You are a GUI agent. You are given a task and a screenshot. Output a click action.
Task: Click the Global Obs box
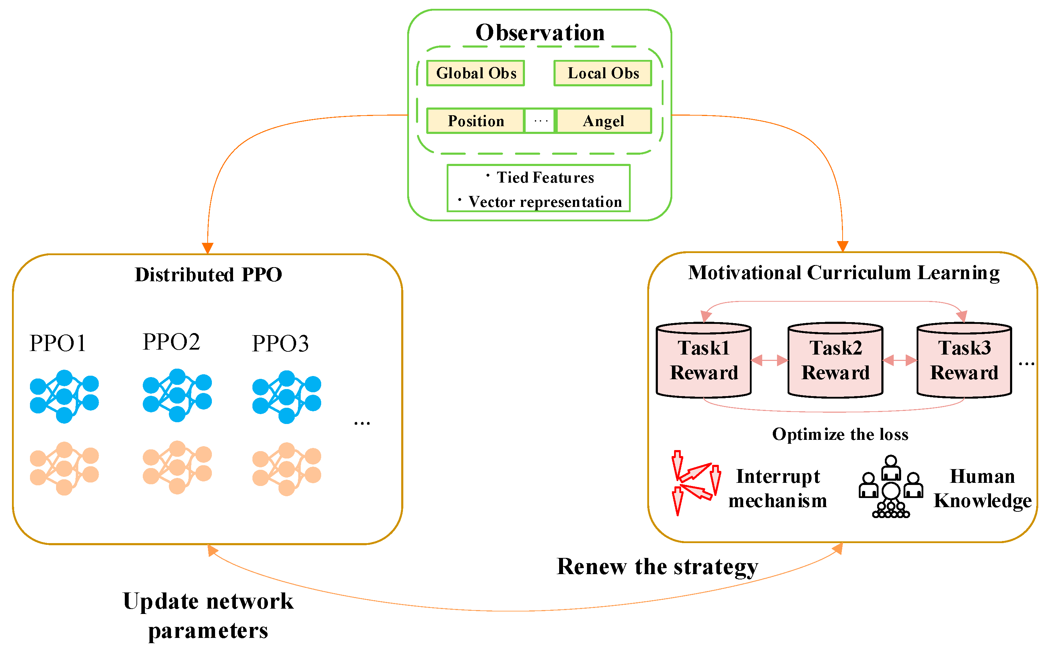tap(475, 73)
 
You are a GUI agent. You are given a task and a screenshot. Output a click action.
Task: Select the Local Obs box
tap(602, 73)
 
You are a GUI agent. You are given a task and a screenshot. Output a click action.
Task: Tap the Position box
tap(475, 121)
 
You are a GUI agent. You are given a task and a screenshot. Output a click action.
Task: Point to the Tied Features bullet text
tap(544, 177)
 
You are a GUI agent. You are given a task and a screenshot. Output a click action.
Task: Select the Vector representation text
tap(544, 201)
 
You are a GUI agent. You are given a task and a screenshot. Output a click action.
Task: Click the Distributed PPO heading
tap(208, 274)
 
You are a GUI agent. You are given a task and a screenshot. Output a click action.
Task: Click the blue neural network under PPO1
tap(64, 396)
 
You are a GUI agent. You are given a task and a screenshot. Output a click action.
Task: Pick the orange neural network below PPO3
tap(286, 468)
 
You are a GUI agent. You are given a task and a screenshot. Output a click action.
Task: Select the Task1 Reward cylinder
tap(703, 361)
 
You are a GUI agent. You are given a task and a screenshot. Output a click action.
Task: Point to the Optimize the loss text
tap(839, 434)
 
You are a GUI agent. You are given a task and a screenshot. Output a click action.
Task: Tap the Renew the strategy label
tap(656, 566)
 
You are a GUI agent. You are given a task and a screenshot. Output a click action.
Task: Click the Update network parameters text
tap(208, 615)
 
